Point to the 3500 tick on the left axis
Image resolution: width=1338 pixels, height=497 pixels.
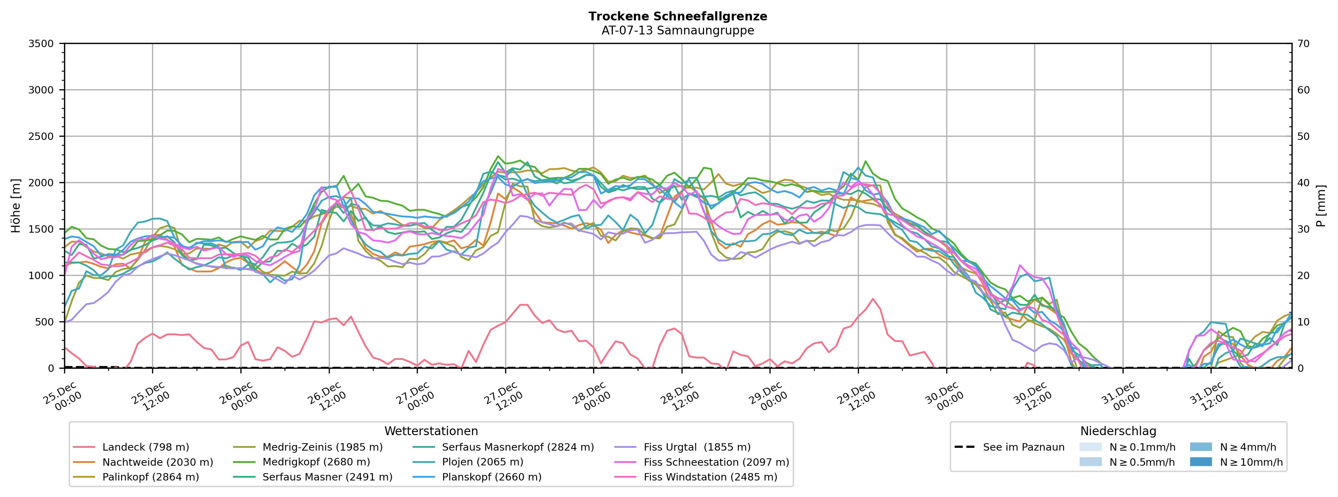(41, 44)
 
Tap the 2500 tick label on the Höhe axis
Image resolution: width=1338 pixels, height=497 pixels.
(41, 136)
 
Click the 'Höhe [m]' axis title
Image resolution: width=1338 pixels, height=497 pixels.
(15, 206)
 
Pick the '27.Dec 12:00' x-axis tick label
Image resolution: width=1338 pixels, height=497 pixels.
(503, 397)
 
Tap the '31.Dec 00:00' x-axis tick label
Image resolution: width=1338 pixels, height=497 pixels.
(1120, 397)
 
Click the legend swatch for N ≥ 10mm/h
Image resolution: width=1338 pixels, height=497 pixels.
(1201, 462)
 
